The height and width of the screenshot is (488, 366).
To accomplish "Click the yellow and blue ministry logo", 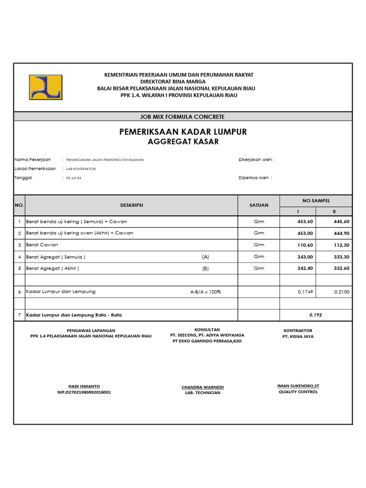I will pyautogui.click(x=45, y=87).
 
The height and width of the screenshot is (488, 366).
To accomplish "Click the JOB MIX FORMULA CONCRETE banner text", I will pyautogui.click(x=183, y=116).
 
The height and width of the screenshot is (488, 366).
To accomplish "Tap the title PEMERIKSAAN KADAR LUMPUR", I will pyautogui.click(x=183, y=132).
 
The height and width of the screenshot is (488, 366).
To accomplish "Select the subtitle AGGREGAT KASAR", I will pyautogui.click(x=183, y=142).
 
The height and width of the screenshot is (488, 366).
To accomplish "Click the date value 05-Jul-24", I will pyautogui.click(x=73, y=178).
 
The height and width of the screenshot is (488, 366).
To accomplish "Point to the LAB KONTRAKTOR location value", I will pyautogui.click(x=81, y=169).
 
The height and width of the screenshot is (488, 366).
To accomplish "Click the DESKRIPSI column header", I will pyautogui.click(x=132, y=205).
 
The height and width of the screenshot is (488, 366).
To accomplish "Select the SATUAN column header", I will pyautogui.click(x=259, y=205).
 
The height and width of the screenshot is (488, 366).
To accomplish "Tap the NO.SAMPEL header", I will pyautogui.click(x=316, y=201).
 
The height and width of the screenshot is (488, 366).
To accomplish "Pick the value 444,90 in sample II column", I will pyautogui.click(x=340, y=233).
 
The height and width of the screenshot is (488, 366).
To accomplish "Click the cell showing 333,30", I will pyautogui.click(x=340, y=256).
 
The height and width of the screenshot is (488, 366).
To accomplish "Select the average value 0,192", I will pyautogui.click(x=316, y=315).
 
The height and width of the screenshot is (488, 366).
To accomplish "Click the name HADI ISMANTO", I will pyautogui.click(x=84, y=386).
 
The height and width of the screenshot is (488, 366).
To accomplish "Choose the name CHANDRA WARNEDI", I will pyautogui.click(x=203, y=387).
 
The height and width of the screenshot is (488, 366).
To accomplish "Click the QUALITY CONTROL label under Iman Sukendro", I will pyautogui.click(x=298, y=392).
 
